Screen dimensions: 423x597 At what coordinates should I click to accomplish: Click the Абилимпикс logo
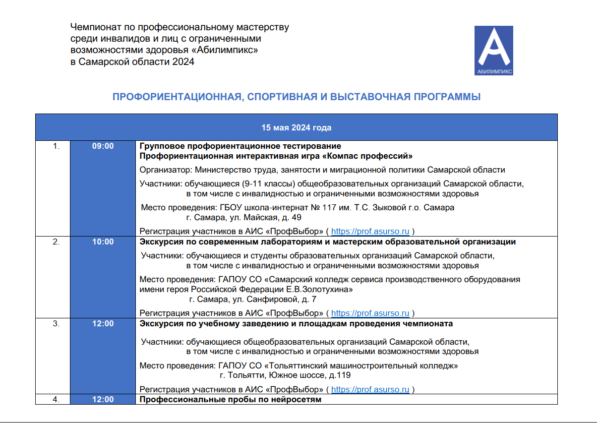[493, 51]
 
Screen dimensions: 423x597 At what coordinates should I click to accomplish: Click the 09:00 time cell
[103, 146]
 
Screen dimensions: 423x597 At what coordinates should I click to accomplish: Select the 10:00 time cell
[103, 242]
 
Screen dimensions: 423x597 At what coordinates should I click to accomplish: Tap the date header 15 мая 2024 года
[297, 127]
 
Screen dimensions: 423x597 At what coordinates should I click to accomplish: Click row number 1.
[57, 146]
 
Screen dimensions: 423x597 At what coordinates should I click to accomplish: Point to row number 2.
[57, 242]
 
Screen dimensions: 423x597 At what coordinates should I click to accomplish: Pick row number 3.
[57, 324]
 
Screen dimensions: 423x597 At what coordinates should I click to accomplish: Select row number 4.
[57, 399]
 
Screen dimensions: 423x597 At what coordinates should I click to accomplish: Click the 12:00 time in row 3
[103, 324]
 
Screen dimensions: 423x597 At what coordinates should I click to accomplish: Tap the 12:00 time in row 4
[103, 399]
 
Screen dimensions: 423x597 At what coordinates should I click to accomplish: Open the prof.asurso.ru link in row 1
[370, 231]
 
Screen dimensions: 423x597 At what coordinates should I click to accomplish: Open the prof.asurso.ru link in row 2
[370, 313]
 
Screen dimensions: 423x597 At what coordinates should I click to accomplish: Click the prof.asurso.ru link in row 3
[370, 390]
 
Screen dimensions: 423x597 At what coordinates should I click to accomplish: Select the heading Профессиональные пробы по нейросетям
[231, 399]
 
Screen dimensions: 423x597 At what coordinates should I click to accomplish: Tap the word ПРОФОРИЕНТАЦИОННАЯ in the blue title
[177, 97]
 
